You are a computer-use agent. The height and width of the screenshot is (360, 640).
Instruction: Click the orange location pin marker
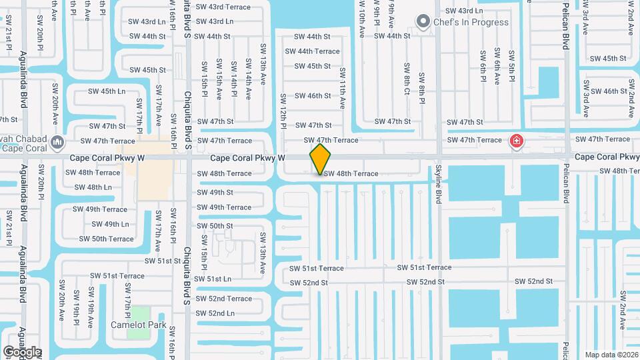(x=320, y=158)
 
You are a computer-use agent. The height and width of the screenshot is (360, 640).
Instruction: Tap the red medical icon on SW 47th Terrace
(x=516, y=141)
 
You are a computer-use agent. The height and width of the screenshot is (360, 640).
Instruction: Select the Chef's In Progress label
(x=471, y=22)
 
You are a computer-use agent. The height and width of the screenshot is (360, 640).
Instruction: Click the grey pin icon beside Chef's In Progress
(x=422, y=22)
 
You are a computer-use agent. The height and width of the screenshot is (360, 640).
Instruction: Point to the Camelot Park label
(x=138, y=325)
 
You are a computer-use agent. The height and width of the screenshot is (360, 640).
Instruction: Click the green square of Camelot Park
(x=139, y=313)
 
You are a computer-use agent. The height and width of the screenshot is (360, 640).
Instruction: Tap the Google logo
(x=22, y=351)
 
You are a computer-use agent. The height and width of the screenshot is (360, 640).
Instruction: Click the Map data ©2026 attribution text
(x=611, y=355)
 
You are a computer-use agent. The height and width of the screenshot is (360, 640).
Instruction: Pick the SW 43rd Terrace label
(x=223, y=7)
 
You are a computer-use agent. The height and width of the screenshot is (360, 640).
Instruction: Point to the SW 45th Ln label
(x=107, y=91)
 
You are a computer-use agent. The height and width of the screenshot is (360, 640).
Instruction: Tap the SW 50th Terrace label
(x=106, y=239)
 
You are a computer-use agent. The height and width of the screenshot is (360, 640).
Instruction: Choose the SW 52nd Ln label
(x=212, y=313)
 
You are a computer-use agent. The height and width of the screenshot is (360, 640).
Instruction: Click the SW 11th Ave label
(x=343, y=88)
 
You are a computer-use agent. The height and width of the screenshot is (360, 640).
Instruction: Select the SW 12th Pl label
(x=283, y=111)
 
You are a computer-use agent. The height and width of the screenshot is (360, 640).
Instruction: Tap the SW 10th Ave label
(x=361, y=22)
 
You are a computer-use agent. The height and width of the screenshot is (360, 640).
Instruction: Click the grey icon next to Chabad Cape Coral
(x=57, y=141)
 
